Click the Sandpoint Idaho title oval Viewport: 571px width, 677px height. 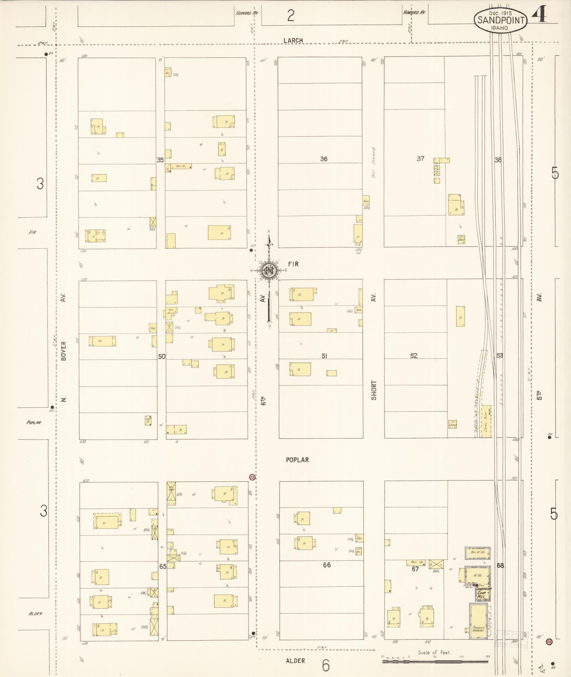point(501,20)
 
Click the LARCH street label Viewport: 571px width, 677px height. point(293,40)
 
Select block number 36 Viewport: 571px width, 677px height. point(324,159)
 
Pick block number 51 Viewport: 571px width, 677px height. point(324,356)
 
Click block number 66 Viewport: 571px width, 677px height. point(326,565)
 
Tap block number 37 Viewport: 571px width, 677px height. point(420,159)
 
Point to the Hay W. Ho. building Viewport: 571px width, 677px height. point(477,553)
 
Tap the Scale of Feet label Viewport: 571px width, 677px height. point(434,653)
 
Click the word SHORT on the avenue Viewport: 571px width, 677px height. point(374,390)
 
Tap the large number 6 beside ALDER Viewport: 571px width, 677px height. point(326,665)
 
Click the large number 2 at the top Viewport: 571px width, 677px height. point(291,16)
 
